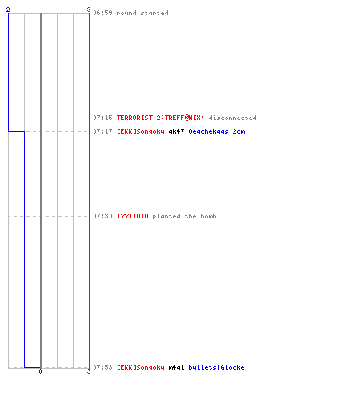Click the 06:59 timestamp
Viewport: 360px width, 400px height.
102,13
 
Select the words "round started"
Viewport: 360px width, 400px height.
142,13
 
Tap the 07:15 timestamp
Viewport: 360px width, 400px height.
102,118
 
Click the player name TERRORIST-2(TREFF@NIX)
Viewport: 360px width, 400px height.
161,118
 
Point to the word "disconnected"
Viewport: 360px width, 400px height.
232,118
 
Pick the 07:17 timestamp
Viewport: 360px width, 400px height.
102,131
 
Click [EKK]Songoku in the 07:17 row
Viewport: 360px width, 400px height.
141,131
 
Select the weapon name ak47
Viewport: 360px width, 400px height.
176,131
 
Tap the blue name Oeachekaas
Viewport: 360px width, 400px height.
208,131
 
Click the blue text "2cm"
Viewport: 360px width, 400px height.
238,131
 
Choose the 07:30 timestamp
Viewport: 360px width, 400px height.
102,216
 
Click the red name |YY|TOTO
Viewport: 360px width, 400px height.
133,216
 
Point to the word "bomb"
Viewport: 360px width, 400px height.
208,216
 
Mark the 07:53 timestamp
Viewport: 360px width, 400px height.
102,367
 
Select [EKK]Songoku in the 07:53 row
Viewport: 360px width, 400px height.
141,367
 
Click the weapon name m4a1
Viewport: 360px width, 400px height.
176,367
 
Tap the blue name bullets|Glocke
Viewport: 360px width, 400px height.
216,367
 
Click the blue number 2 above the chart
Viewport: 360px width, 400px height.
8,10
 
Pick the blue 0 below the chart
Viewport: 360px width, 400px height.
40,371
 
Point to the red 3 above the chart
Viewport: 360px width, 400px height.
89,10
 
